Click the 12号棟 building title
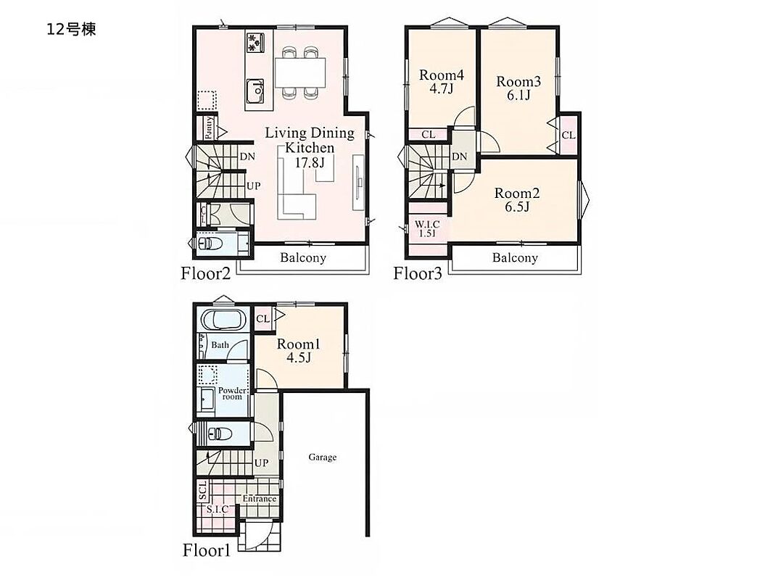[71, 30]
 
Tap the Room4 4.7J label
[441, 82]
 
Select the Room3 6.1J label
[518, 88]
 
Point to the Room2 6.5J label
[516, 199]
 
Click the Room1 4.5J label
[299, 350]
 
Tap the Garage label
[323, 457]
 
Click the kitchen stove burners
[255, 42]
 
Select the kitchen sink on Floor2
[255, 91]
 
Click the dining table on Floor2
[300, 72]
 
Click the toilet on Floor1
[220, 433]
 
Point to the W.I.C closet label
[427, 229]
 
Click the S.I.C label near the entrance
[218, 509]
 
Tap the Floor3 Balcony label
[515, 257]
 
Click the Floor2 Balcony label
[303, 257]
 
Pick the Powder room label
[232, 393]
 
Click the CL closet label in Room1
[263, 319]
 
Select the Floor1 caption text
[207, 550]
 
